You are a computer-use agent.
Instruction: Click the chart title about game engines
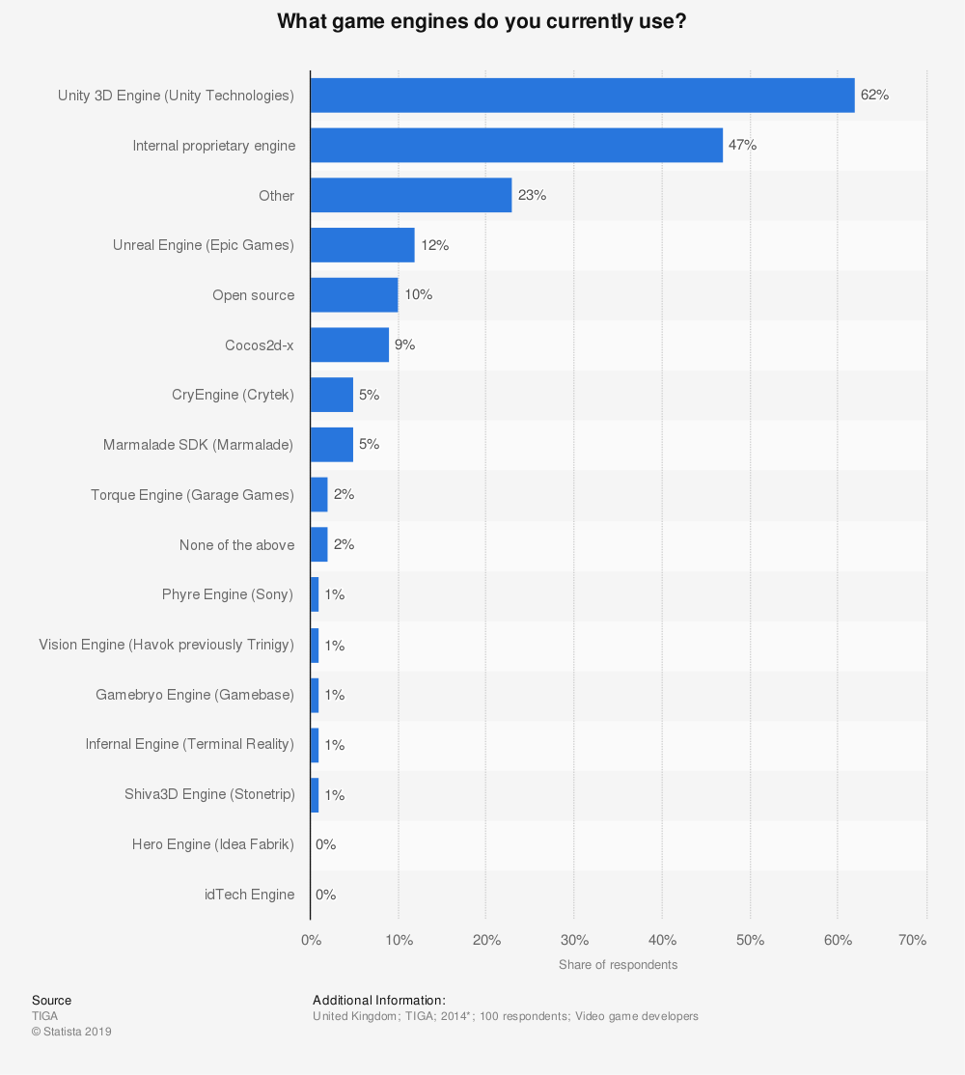[x=482, y=21]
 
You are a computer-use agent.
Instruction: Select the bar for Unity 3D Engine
[x=582, y=96]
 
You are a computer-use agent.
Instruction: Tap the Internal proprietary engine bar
[x=516, y=145]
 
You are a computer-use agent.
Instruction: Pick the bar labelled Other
[x=411, y=195]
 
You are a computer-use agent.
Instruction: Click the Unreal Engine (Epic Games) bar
[x=363, y=245]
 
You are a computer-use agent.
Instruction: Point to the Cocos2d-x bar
[x=349, y=345]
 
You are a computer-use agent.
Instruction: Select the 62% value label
[x=874, y=96]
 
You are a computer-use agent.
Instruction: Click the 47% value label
[x=742, y=145]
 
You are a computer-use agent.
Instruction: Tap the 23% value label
[x=532, y=195]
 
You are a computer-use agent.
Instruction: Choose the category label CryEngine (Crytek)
[x=233, y=395]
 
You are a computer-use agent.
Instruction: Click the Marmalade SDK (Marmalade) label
[x=199, y=445]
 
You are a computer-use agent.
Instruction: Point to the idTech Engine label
[x=249, y=895]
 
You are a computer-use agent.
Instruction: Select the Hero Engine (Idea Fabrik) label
[x=213, y=844]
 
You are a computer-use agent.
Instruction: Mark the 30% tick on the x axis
[x=574, y=940]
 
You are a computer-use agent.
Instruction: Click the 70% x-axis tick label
[x=912, y=940]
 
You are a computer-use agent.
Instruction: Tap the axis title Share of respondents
[x=618, y=965]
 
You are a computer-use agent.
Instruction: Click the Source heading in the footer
[x=51, y=1001]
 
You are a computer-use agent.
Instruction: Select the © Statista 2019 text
[x=71, y=1032]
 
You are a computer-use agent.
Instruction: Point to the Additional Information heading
[x=379, y=1001]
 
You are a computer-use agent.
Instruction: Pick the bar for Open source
[x=354, y=295]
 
